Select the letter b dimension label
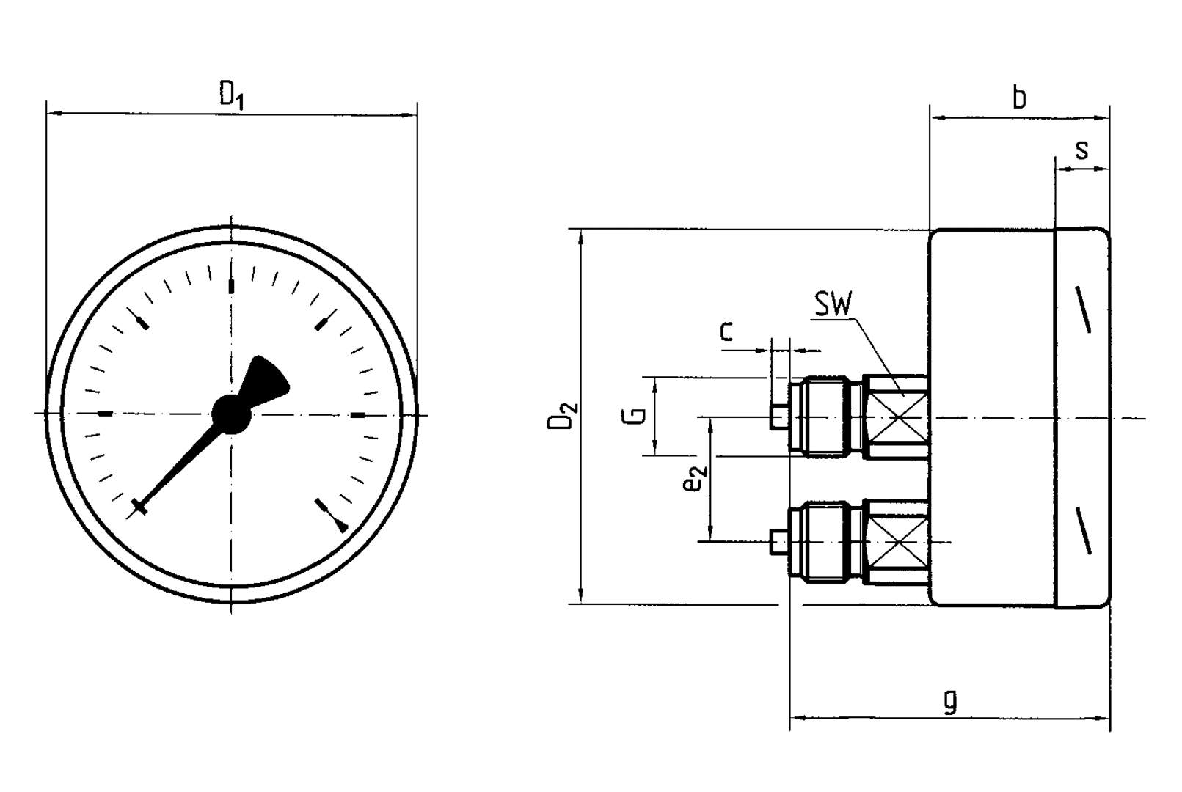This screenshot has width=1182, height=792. pyautogui.click(x=1019, y=98)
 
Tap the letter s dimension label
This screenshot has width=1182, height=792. pyautogui.click(x=1081, y=150)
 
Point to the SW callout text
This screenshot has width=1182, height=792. pyautogui.click(x=833, y=304)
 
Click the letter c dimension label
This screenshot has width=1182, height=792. pyautogui.click(x=726, y=331)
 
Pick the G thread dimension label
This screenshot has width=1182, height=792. pyautogui.click(x=638, y=415)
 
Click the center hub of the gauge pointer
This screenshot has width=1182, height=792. pyautogui.click(x=231, y=414)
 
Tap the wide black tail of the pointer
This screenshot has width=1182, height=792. pyautogui.click(x=266, y=379)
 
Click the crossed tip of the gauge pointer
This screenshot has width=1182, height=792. pyautogui.click(x=139, y=506)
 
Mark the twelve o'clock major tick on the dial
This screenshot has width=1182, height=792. pyautogui.click(x=232, y=286)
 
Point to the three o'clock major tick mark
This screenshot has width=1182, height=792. pyautogui.click(x=358, y=416)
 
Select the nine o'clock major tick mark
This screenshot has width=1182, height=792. pyautogui.click(x=106, y=414)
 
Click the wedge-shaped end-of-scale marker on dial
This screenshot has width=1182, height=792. pyautogui.click(x=342, y=524)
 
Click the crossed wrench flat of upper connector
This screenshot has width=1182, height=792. pyautogui.click(x=896, y=417)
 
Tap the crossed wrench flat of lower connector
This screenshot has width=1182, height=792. pyautogui.click(x=896, y=542)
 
